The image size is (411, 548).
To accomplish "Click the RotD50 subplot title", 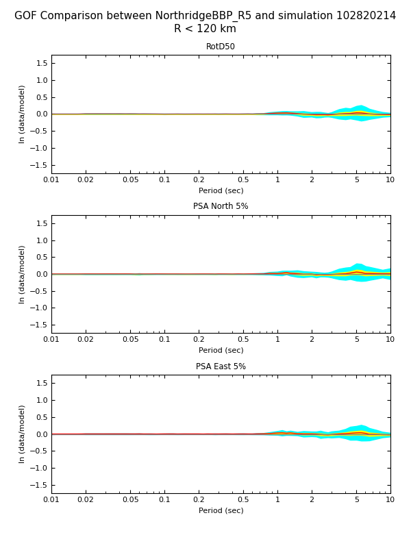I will click(221, 47).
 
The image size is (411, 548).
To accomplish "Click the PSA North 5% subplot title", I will click(221, 207).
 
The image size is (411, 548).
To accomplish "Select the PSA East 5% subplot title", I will click(221, 367).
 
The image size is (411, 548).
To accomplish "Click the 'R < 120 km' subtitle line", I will click(205, 29).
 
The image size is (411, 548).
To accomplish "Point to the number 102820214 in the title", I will click(358, 16).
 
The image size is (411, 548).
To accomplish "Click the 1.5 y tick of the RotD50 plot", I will click(41, 63).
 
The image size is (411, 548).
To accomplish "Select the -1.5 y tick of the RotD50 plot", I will click(39, 165).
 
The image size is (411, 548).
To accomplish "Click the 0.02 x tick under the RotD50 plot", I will click(86, 180).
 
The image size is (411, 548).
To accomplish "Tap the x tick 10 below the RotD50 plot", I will click(390, 180).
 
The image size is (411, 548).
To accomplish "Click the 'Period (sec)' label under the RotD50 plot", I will click(221, 191).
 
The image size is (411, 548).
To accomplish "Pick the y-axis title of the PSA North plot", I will click(22, 274).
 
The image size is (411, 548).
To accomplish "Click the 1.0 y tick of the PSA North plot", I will click(41, 240).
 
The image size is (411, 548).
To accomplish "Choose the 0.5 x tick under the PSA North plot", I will click(243, 340).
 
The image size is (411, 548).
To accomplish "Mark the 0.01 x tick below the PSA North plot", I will click(51, 340).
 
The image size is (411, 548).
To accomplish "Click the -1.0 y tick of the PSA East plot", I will click(39, 469).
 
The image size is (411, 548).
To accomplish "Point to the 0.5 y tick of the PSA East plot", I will click(41, 417).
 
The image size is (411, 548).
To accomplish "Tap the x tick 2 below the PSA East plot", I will click(312, 500).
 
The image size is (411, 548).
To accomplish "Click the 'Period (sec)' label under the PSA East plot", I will click(221, 511).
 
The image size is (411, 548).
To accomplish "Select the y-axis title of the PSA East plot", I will click(22, 434).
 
